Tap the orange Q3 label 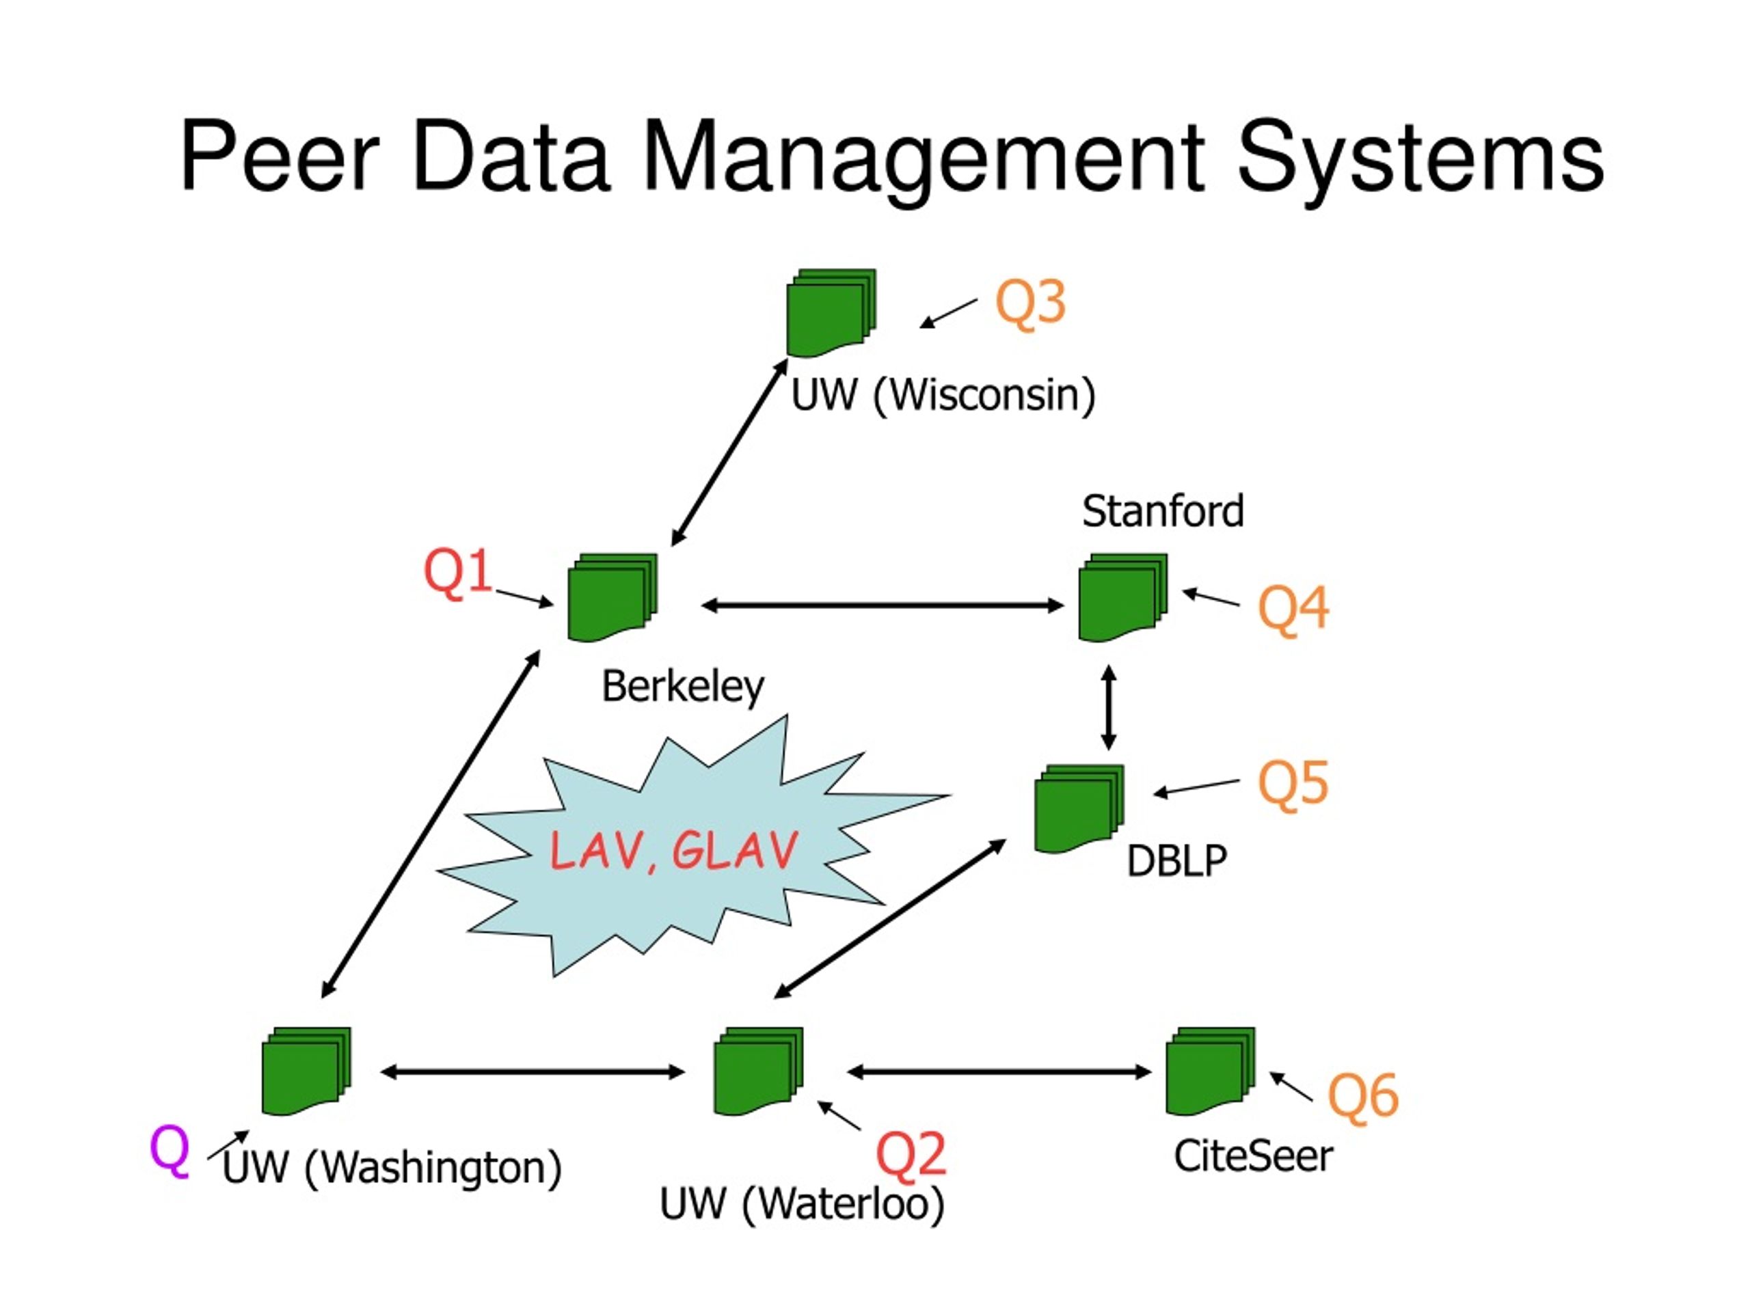pos(1030,303)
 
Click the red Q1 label pos(458,572)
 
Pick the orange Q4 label pos(1293,609)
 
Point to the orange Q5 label pos(1293,783)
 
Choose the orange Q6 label pos(1362,1095)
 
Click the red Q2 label pos(911,1154)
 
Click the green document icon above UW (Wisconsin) pos(831,313)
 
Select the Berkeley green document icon pos(612,597)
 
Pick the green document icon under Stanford pos(1122,597)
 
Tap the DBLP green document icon pos(1079,808)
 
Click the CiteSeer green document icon pos(1210,1071)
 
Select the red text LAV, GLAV pos(673,851)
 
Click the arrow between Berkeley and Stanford pos(882,606)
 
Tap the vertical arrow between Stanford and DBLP pos(1108,707)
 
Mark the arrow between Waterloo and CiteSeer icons pos(999,1071)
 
